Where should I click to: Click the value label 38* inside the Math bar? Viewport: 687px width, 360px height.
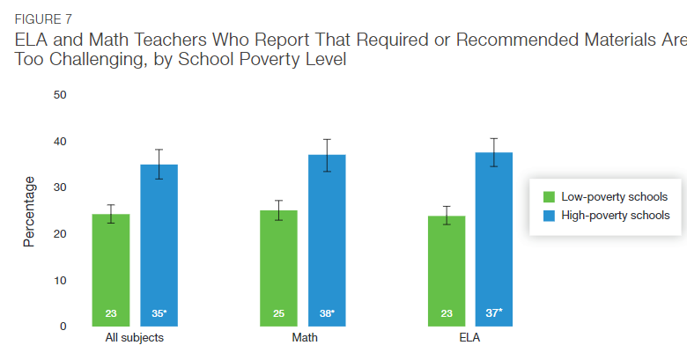coord(327,313)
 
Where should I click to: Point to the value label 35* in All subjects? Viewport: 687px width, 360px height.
coord(159,313)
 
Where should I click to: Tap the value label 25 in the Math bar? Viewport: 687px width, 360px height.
coord(278,313)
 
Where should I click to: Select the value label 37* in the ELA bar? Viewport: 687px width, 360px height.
coord(494,313)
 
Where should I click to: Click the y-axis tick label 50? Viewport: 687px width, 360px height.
coord(60,95)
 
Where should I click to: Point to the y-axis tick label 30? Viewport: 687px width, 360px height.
coord(60,187)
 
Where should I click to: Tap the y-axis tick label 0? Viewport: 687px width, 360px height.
coord(63,327)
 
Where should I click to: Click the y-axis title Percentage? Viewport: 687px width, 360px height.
coord(29,211)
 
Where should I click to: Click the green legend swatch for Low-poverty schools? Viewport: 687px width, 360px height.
coord(549,197)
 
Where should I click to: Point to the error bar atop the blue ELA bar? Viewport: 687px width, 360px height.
coord(493,152)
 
